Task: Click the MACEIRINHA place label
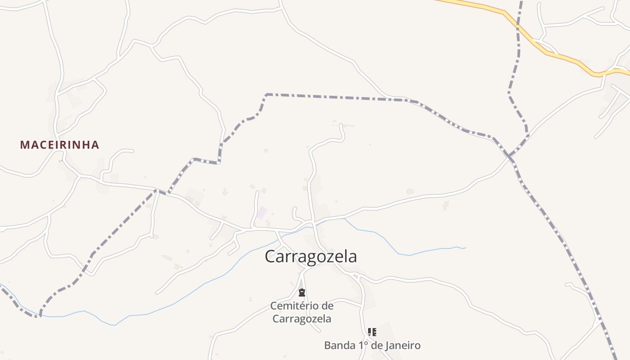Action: [59, 145]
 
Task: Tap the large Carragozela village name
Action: [310, 256]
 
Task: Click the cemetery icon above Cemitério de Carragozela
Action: [302, 292]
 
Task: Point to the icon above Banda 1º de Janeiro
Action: [372, 332]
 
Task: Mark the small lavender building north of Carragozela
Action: [262, 211]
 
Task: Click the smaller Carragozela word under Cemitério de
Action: [302, 319]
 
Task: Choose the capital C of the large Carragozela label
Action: [270, 256]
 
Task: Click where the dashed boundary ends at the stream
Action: [40, 316]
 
